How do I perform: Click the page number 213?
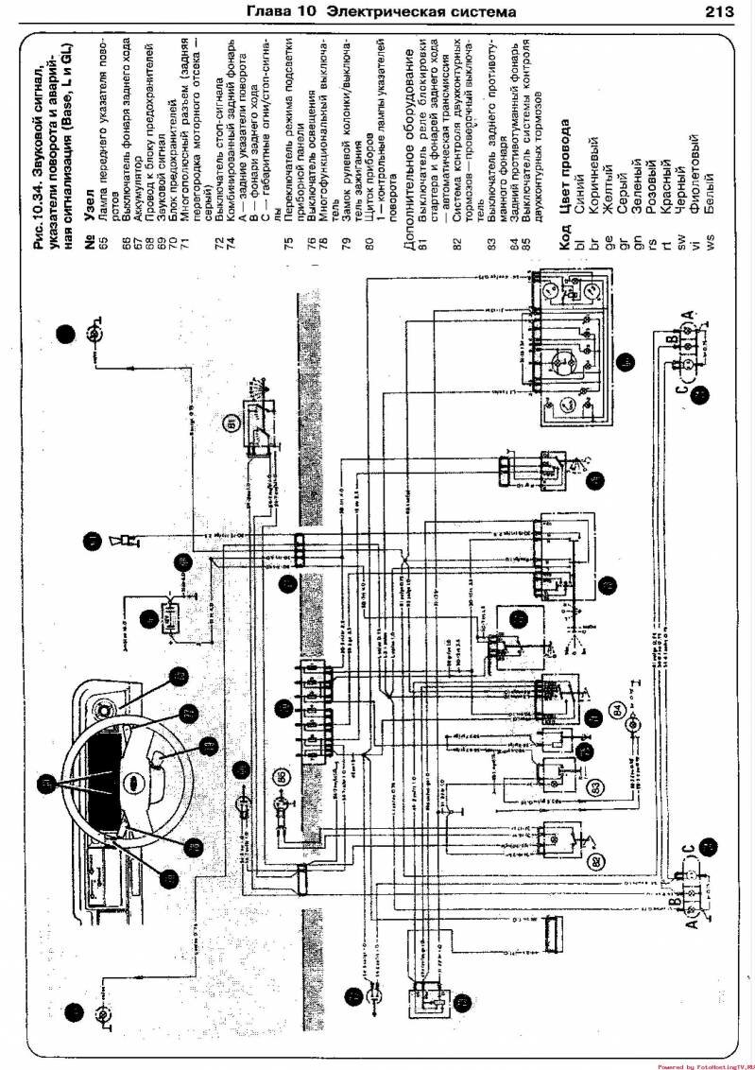tap(721, 12)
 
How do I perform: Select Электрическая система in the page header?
tap(420, 12)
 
